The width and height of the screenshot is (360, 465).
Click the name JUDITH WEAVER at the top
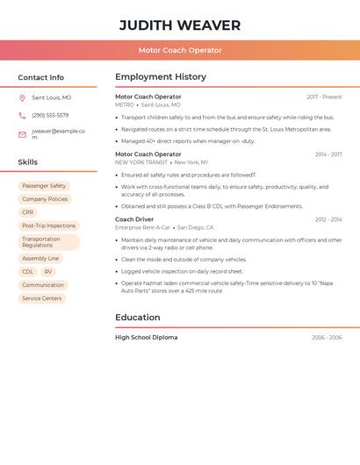(x=180, y=25)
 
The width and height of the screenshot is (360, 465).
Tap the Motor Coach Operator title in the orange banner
(x=180, y=50)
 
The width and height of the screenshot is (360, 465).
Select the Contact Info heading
(x=41, y=77)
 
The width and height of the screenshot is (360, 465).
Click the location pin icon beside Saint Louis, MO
(x=22, y=98)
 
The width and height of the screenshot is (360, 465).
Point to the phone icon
(x=22, y=115)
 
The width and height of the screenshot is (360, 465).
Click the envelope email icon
(x=22, y=134)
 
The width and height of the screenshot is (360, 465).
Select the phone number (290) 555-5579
(x=50, y=115)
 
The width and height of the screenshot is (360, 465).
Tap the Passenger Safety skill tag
(x=44, y=186)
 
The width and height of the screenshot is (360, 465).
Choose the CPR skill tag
(x=28, y=212)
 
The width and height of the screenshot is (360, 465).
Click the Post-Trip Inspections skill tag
(x=49, y=225)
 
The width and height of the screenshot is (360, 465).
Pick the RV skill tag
(x=48, y=272)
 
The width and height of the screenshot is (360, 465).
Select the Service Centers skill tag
(x=42, y=298)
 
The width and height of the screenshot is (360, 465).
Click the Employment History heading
(x=161, y=77)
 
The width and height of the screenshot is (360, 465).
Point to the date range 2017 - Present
(x=324, y=97)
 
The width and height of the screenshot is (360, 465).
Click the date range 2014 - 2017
(x=328, y=154)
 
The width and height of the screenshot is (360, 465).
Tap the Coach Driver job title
(x=134, y=219)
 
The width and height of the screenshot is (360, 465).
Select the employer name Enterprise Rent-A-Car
(x=142, y=227)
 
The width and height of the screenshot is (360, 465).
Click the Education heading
(x=137, y=318)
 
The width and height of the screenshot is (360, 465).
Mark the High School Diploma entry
(x=146, y=338)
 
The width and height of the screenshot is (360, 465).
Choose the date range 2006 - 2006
(x=327, y=338)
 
